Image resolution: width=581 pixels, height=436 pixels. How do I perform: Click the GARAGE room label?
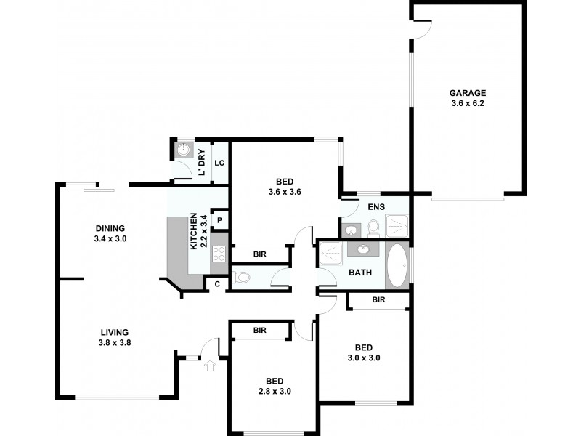tap(467, 93)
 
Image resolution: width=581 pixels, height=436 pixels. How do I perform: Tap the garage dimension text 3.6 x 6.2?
tap(467, 104)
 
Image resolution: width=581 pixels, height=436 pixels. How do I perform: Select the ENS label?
tap(375, 207)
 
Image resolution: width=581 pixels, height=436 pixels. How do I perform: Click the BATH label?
tap(361, 273)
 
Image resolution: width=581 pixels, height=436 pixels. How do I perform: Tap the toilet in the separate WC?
tap(242, 277)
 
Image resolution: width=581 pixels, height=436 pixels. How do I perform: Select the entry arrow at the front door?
tap(211, 365)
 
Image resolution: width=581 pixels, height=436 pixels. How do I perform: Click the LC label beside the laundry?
tap(219, 163)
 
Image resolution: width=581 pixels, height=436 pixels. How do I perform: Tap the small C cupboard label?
tap(216, 284)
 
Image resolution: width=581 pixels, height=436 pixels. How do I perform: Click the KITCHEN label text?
tap(194, 231)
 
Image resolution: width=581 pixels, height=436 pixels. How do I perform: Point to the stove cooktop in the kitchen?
tap(219, 254)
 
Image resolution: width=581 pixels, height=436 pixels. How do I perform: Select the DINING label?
tap(110, 227)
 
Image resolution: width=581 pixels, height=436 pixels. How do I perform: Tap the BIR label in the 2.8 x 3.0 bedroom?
tap(259, 331)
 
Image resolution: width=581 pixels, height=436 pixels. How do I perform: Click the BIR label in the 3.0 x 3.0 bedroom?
tap(378, 299)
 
